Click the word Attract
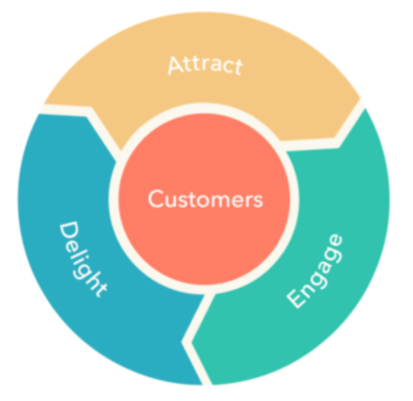tap(206, 65)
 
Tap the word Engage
tap(315, 271)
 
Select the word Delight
tap(83, 259)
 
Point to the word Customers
tap(206, 199)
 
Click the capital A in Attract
tap(176, 65)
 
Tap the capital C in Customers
tap(156, 199)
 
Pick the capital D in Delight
tap(69, 231)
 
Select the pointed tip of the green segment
tap(192, 342)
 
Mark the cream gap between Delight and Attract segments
tap(88, 111)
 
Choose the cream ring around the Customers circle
tap(204, 108)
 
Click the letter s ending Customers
tap(258, 201)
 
